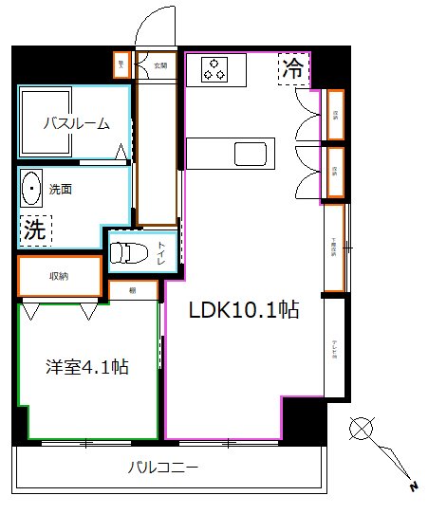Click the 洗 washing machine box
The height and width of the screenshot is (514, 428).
35,228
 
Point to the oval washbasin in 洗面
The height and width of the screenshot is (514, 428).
33,189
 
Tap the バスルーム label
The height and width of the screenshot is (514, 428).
76,123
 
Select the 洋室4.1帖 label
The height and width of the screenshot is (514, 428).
87,367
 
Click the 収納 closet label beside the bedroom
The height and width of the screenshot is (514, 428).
59,276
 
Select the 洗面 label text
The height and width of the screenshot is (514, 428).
61,189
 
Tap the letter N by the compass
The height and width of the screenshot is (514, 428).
413,487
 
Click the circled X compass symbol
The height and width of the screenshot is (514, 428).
361,428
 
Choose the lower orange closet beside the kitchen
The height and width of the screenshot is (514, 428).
335,172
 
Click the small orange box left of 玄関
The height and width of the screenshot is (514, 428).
121,64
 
